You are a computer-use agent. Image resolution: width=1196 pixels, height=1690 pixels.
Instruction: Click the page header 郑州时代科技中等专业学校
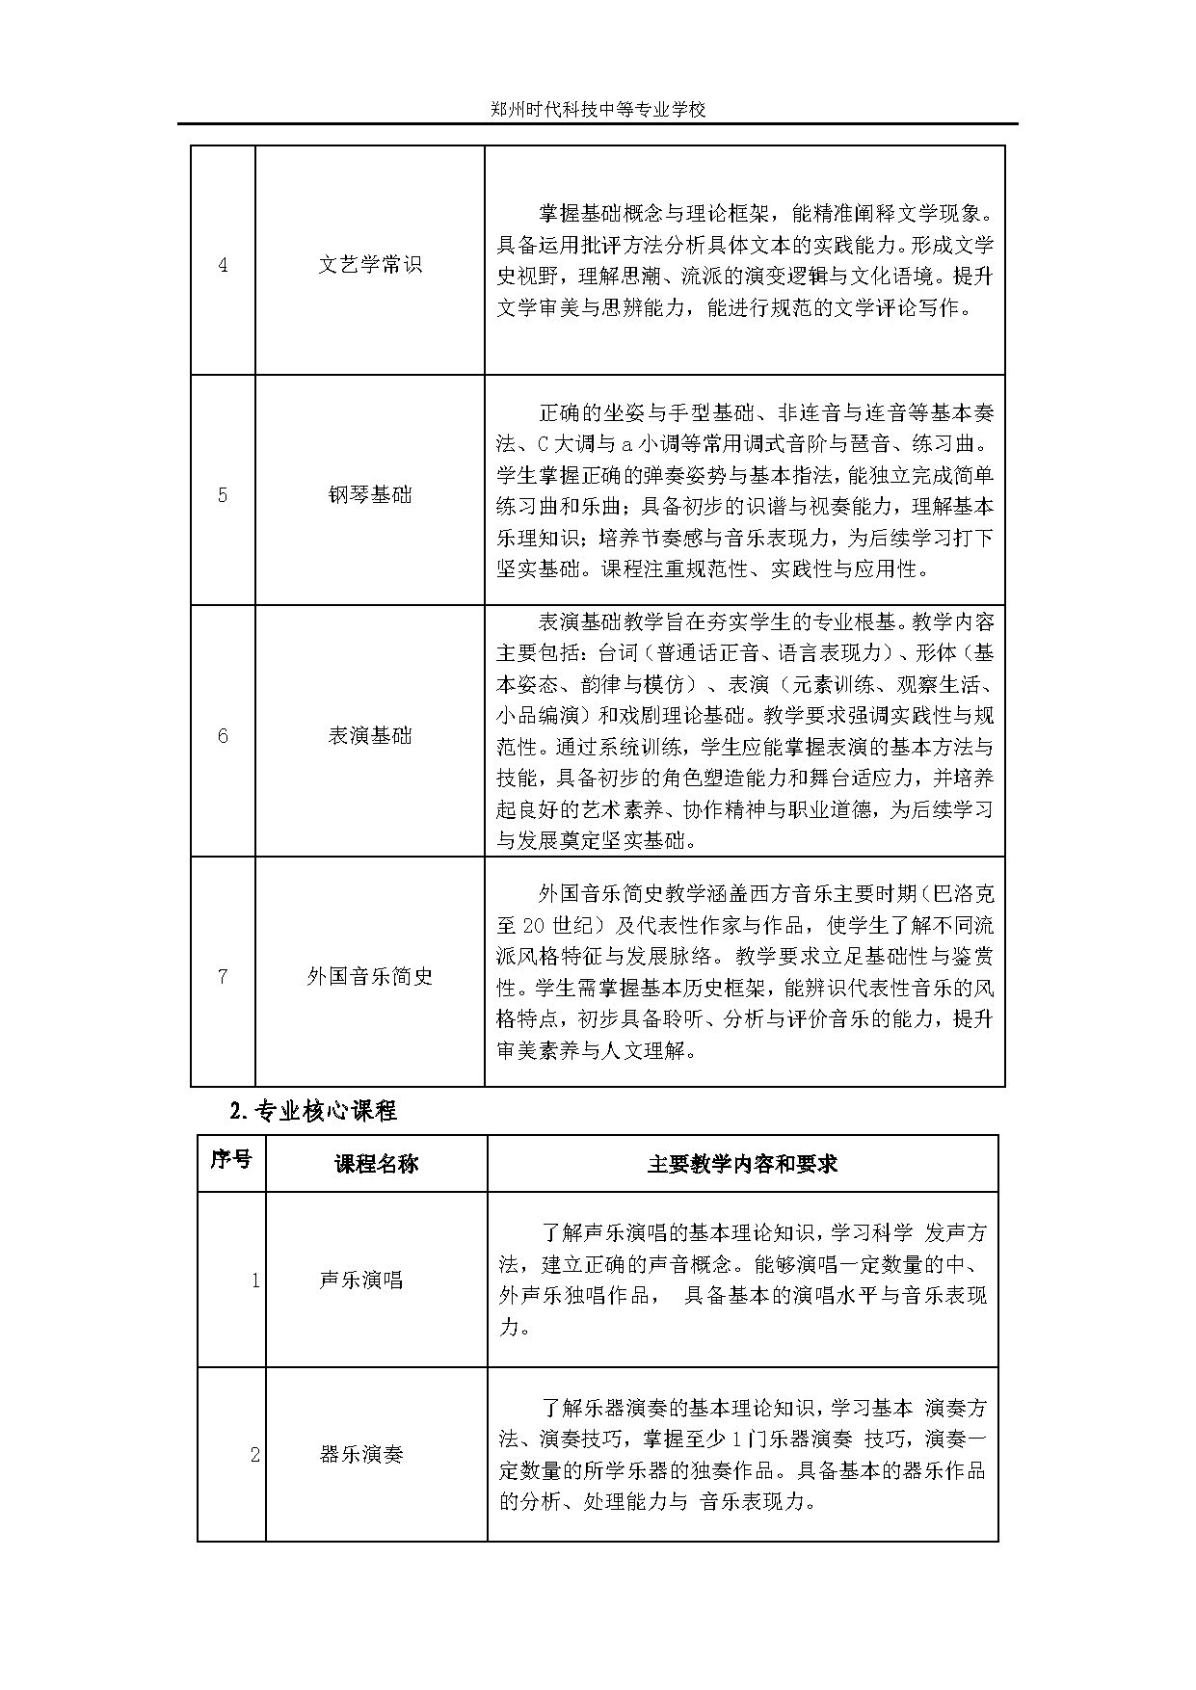598,110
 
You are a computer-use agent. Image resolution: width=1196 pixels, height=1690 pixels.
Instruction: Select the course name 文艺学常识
370,265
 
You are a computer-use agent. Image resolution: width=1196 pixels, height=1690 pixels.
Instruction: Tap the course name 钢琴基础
370,495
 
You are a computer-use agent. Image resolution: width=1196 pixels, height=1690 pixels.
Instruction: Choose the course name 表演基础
370,736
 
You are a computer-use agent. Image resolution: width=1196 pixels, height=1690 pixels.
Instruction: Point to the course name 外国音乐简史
370,976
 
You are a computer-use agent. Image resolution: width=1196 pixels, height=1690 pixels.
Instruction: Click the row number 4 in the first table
224,265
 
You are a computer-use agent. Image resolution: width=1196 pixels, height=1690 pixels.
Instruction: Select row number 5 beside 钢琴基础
224,495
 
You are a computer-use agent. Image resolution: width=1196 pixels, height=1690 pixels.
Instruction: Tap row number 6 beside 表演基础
224,736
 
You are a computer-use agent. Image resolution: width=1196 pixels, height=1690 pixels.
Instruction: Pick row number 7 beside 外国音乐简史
224,976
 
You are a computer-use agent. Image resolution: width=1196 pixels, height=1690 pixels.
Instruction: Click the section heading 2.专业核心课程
314,1111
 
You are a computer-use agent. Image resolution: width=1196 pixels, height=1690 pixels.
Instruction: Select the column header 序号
231,1159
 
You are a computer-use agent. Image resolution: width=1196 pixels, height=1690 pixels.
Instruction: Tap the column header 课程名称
377,1164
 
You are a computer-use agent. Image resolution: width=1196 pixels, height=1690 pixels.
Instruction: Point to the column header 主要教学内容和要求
742,1164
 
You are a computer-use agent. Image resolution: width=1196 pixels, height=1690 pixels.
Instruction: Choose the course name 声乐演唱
361,1280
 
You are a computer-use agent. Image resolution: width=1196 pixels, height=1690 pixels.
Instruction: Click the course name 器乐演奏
361,1455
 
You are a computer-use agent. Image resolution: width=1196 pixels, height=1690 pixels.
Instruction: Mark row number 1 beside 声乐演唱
254,1281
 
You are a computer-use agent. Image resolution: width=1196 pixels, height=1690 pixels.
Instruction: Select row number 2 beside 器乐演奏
254,1455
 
